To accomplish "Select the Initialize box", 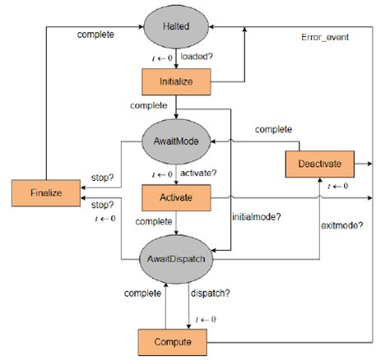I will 175,83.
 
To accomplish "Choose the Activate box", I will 175,197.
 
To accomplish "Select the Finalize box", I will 46,192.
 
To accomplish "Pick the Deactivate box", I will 319,163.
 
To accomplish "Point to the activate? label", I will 197,174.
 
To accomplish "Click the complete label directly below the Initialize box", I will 148,105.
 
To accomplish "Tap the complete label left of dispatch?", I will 142,293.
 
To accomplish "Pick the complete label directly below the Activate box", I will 153,222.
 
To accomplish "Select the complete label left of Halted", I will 95,35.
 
